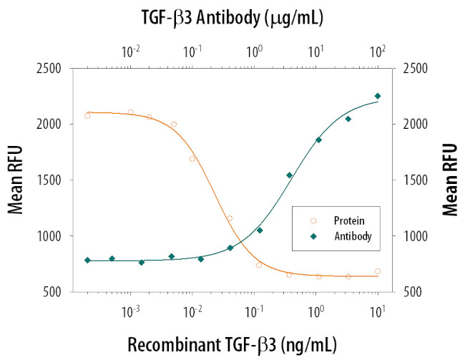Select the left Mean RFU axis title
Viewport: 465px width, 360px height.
(16, 180)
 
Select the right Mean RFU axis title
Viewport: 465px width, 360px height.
(450, 180)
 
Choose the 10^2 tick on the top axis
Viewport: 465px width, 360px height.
(377, 52)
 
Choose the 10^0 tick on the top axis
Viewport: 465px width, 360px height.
(254, 52)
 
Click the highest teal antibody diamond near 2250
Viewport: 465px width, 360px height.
(378, 96)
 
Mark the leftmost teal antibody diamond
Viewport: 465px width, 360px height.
(87, 260)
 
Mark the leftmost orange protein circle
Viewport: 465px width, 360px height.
(87, 115)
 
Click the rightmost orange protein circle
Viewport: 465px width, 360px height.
(378, 271)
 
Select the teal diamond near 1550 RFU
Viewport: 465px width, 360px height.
(289, 175)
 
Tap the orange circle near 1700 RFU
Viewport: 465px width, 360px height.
(192, 158)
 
